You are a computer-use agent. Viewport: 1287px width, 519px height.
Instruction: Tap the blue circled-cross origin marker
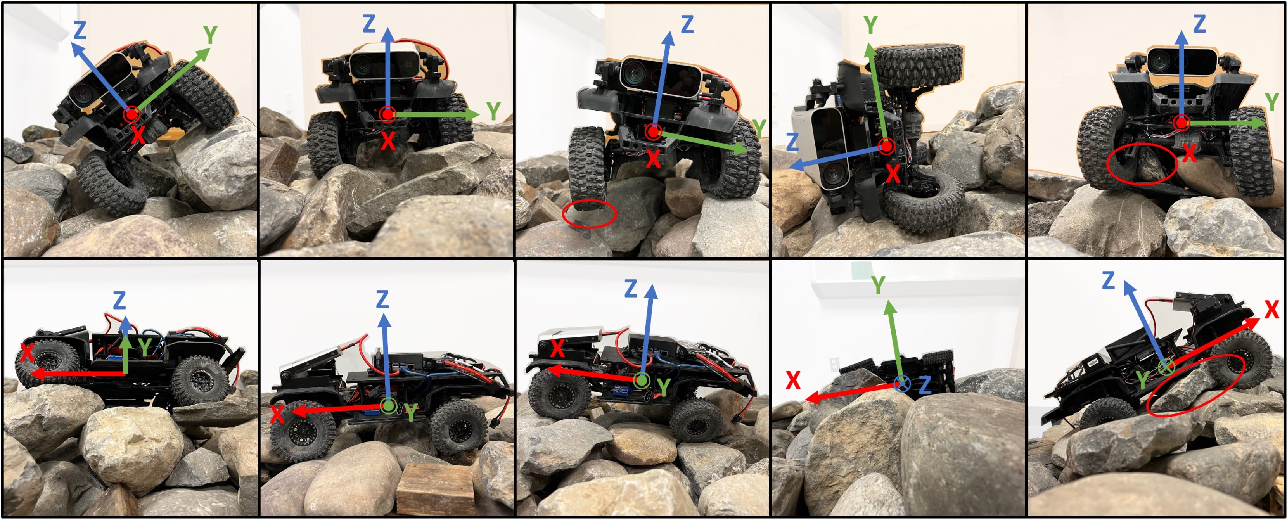902,384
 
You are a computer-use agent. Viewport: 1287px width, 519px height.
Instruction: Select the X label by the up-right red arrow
1271,310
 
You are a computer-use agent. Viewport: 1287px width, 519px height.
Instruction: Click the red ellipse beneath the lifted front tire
590,214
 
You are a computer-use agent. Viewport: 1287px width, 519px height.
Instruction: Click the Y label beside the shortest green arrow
145,347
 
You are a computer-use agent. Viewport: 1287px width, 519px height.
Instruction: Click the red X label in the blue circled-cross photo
793,381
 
